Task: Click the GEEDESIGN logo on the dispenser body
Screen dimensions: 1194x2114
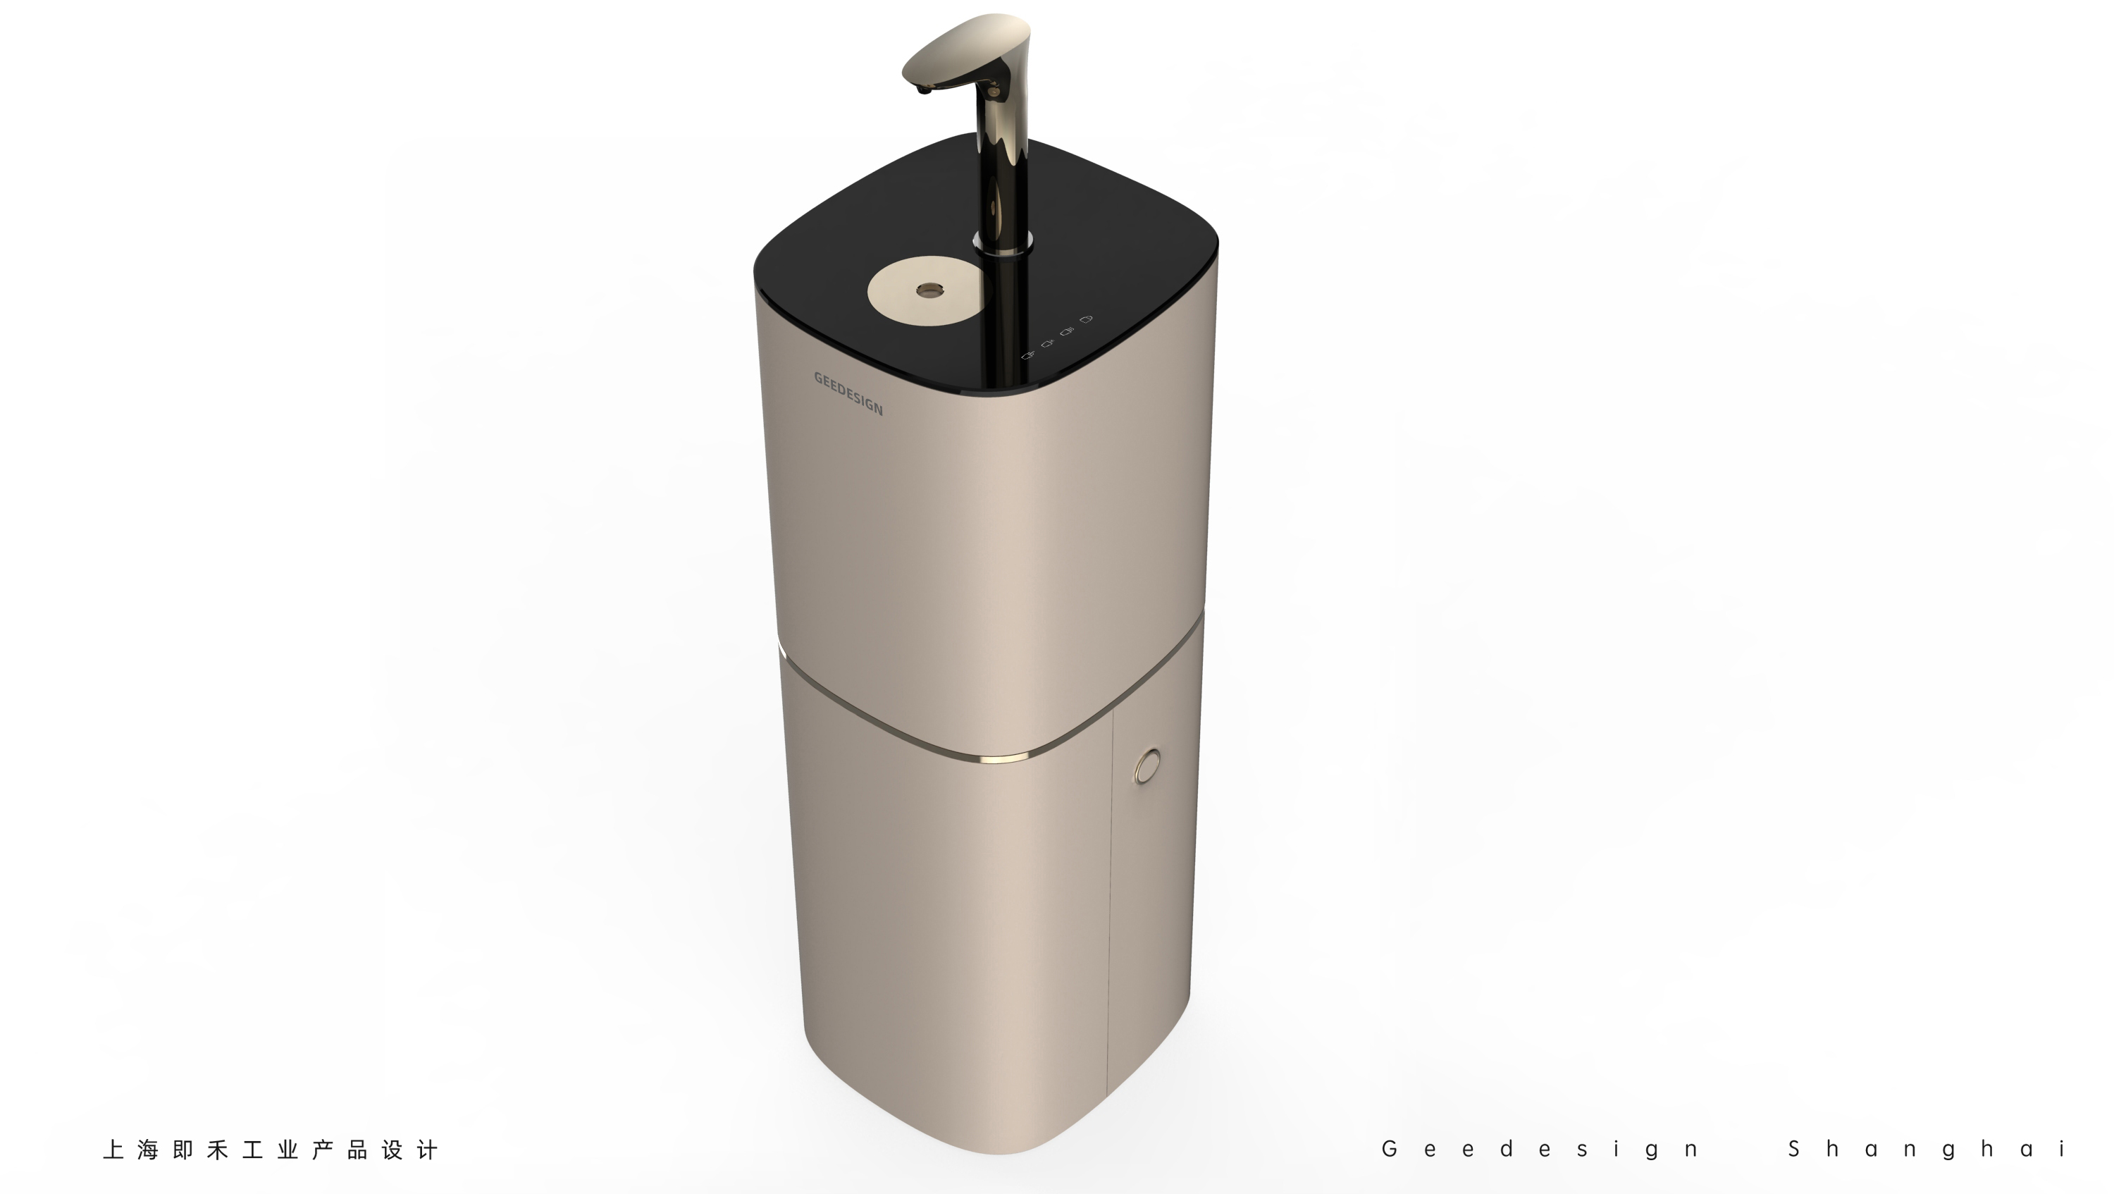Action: click(848, 393)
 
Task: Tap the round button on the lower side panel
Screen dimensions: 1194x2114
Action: click(1146, 765)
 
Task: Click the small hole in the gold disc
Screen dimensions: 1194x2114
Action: click(929, 290)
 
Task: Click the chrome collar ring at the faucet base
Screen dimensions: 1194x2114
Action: click(1002, 240)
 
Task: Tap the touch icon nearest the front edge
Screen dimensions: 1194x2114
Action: click(1027, 355)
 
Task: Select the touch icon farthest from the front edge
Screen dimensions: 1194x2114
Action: click(1087, 319)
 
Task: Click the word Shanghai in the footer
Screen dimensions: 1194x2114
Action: click(1928, 1149)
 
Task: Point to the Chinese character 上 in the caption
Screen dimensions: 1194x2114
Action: click(113, 1150)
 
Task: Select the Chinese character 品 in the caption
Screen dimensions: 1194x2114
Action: click(357, 1150)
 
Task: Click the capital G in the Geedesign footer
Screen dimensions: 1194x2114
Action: click(1390, 1148)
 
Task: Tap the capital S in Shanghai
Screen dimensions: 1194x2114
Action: click(1795, 1148)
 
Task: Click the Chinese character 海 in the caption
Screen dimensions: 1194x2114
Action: click(148, 1150)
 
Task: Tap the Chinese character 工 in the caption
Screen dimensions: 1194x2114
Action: click(253, 1150)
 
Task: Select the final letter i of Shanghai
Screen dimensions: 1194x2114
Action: click(2063, 1148)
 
